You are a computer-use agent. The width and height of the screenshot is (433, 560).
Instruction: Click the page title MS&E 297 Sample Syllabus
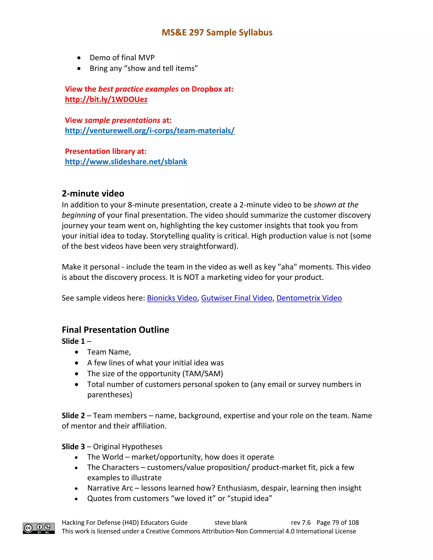pos(217,33)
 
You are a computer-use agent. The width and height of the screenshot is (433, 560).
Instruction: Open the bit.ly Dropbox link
pos(106,100)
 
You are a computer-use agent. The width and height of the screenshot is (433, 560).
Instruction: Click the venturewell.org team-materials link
pos(149,131)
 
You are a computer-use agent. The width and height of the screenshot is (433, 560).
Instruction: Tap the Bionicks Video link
pos(172,298)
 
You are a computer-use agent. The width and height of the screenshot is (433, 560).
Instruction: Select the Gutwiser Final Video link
pos(237,298)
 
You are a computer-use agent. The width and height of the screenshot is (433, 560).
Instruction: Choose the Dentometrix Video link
pos(309,298)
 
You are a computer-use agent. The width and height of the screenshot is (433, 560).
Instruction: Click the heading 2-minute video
pos(93,193)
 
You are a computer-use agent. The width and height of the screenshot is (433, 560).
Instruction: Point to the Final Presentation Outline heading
pos(115,329)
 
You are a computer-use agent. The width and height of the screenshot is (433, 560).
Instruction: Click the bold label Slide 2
pos(73,415)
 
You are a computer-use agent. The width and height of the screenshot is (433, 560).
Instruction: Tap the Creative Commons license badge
pos(39,528)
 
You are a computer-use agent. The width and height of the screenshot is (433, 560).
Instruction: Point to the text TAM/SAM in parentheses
pos(203,374)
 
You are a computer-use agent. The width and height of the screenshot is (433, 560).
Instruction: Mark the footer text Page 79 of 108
pos(338,522)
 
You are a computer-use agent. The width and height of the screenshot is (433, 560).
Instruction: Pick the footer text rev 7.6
pos(301,522)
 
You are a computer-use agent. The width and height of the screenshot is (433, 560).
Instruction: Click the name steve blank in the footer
pos(231,522)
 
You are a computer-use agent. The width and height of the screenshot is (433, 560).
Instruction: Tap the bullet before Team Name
pos(77,352)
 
